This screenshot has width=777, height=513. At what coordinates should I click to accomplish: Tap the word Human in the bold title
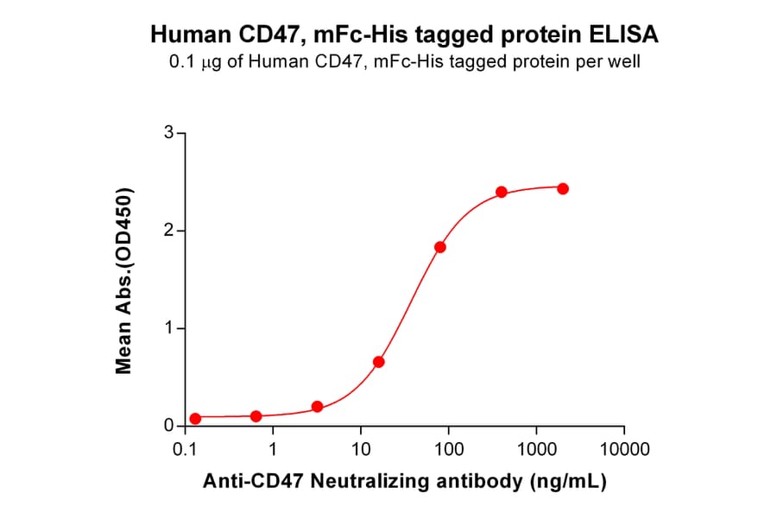pos(192,35)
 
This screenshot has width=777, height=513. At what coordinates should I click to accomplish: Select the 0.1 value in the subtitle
pos(180,62)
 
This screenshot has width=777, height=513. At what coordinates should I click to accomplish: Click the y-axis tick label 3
pos(170,133)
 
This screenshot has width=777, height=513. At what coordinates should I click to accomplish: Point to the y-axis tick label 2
pos(170,231)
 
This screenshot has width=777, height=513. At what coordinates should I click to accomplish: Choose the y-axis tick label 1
pos(170,328)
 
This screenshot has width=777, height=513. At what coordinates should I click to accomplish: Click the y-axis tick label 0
pos(170,426)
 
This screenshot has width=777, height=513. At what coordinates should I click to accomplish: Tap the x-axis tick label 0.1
pos(183,450)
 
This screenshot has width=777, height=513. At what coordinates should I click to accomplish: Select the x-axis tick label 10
pos(361,450)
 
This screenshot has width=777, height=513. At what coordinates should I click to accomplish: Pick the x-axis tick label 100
pos(448,450)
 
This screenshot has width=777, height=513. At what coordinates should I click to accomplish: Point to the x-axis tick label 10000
pos(623,450)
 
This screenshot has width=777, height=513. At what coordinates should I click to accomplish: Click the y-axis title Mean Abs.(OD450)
pos(125,280)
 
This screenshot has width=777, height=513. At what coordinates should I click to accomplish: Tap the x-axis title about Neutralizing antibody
pos(404,482)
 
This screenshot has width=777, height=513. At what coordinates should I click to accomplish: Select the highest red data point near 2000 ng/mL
pos(563,188)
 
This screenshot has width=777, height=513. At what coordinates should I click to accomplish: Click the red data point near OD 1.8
pos(440,247)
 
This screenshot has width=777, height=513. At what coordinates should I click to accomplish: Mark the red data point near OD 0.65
pos(378,362)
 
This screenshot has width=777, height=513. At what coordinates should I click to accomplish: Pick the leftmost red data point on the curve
pos(195,418)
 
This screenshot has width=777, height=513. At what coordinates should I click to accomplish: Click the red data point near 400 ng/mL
pos(502,192)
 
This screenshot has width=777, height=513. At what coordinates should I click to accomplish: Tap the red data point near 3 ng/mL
pos(317,407)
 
